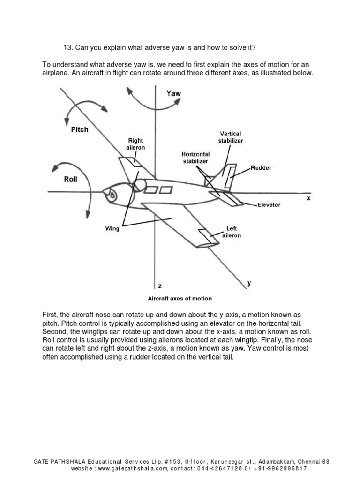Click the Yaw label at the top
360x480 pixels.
173,93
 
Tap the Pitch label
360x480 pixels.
79,129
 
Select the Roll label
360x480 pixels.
70,179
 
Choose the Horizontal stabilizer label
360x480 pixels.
196,157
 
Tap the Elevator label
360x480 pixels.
269,205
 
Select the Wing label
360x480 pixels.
112,229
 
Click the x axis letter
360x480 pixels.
308,198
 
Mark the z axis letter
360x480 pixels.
159,285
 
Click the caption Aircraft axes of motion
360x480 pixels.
180,299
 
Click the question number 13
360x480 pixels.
68,48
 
